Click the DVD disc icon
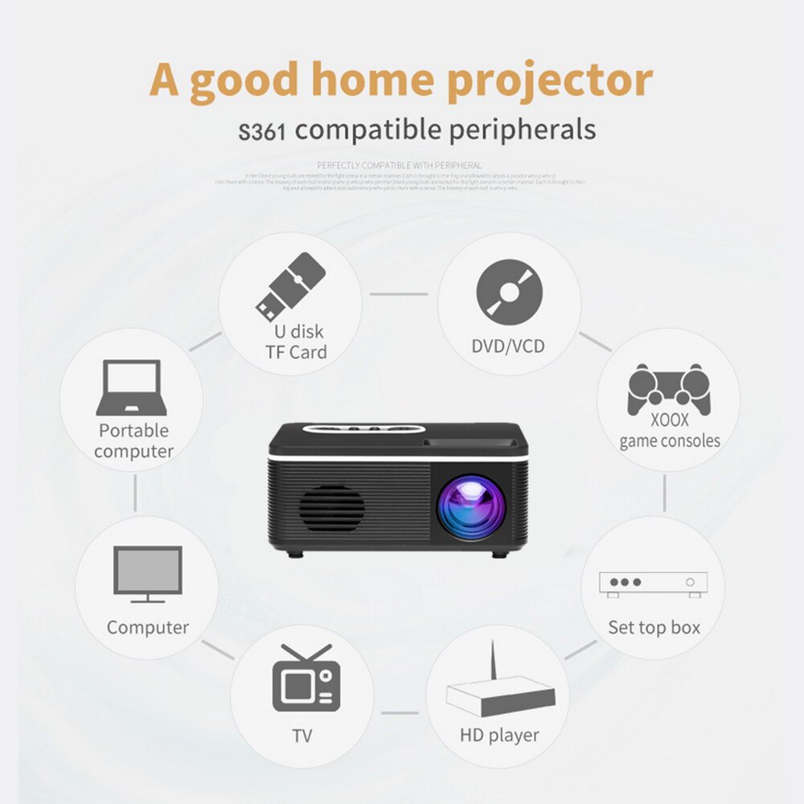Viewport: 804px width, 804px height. click(509, 292)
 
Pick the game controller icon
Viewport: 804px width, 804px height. click(668, 389)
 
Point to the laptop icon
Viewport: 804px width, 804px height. click(131, 388)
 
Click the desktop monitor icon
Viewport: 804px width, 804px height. click(147, 574)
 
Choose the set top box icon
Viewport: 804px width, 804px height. click(653, 585)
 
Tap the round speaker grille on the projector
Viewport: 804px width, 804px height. click(331, 509)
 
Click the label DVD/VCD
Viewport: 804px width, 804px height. click(507, 347)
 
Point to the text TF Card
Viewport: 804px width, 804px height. click(296, 352)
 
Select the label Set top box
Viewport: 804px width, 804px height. click(654, 627)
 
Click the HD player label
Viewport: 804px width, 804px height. click(499, 735)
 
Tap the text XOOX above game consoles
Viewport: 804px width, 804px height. click(669, 420)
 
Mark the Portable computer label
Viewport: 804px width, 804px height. click(133, 441)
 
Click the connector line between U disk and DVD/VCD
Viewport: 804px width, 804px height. click(398, 293)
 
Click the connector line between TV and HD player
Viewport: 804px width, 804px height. click(400, 712)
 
